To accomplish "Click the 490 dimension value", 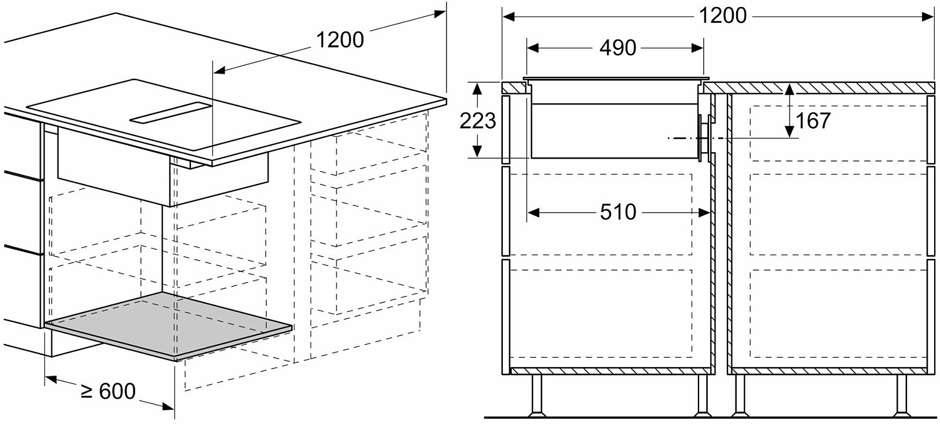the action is pos(617,48).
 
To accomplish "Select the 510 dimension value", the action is pos(618,212).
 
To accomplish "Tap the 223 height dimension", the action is pos(478,121).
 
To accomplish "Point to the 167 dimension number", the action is pos(813,121).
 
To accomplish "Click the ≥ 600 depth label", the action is pos(108,391).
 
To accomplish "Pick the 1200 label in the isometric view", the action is pos(340,41).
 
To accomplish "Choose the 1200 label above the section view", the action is pos(723,16).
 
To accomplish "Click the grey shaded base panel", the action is pos(169,325).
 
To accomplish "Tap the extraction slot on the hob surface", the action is pos(170,113).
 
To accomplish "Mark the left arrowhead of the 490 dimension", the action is pos(532,48).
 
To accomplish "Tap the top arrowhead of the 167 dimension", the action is pos(790,89).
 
